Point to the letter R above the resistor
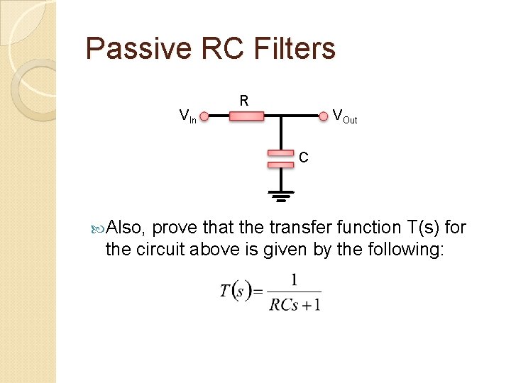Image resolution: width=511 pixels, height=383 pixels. coord(243,101)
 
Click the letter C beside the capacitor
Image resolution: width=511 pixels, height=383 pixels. coord(303,157)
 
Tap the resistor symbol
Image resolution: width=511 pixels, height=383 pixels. coord(246,116)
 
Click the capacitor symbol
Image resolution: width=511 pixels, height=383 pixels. coord(280,158)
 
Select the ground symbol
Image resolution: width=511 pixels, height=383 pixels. coord(280,196)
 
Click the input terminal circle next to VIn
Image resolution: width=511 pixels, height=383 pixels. coord(204,116)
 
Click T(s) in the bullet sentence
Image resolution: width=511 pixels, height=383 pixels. coord(424,228)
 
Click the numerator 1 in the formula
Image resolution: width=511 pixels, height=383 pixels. coord(294,279)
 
